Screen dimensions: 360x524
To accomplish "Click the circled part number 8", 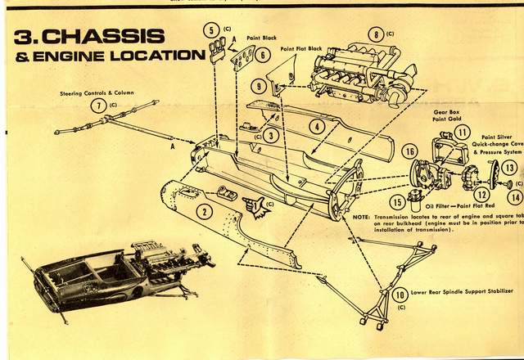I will (376, 34).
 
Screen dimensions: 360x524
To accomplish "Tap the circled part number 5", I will (211, 31).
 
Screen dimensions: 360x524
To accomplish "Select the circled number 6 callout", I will (261, 55).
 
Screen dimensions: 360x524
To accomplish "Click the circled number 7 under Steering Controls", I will (99, 106).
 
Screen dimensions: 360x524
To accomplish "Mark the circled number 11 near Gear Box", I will (463, 132).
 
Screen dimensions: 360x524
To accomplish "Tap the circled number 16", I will (410, 151).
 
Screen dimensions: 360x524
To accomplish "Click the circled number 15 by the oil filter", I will (398, 200).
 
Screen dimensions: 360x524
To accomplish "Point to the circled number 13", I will (509, 167).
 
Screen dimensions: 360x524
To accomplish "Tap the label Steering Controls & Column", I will (97, 92).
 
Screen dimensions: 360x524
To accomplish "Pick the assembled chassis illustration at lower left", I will (115, 270).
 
